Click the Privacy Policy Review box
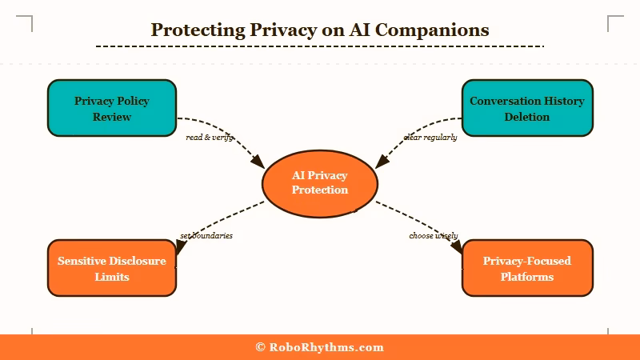pyautogui.click(x=112, y=108)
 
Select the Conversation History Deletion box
pyautogui.click(x=527, y=108)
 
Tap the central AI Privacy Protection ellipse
pyautogui.click(x=319, y=182)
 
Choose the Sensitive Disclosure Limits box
pyautogui.click(x=112, y=268)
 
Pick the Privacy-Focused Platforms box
pyautogui.click(x=527, y=268)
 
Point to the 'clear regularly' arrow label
pyautogui.click(x=430, y=138)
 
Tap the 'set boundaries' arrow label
pyautogui.click(x=206, y=236)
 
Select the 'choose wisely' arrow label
pyautogui.click(x=433, y=236)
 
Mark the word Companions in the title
pyautogui.click(x=440, y=30)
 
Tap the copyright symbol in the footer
pyautogui.click(x=260, y=347)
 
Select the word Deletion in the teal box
pyautogui.click(x=527, y=117)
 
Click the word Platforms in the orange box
pyautogui.click(x=527, y=277)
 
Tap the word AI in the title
pyautogui.click(x=348, y=30)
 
